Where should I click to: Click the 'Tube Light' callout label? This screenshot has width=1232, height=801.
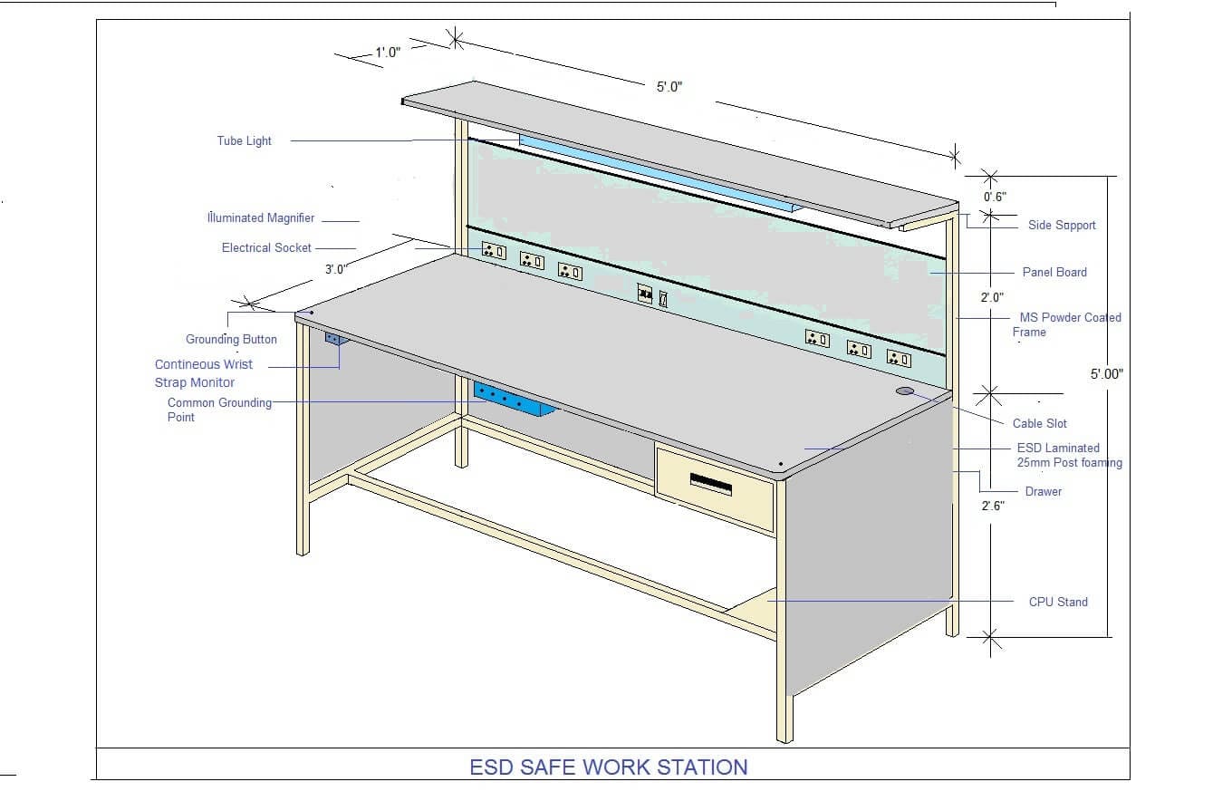[x=244, y=140]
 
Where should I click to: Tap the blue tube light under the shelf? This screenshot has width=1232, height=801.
[x=652, y=173]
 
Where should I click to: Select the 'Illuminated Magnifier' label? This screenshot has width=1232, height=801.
[x=261, y=217]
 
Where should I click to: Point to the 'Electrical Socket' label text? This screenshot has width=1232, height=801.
[x=266, y=247]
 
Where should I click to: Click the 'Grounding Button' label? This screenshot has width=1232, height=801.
[x=231, y=339]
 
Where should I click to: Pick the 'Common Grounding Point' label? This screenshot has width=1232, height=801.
[x=219, y=410]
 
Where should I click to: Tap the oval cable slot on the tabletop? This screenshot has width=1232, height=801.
[x=905, y=391]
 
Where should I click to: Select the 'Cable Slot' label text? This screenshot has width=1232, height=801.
[x=1039, y=423]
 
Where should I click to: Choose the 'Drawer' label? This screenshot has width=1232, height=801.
[x=1043, y=491]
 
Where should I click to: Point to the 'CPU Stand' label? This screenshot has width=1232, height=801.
[x=1058, y=602]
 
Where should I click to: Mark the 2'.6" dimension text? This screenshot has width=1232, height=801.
[x=993, y=507]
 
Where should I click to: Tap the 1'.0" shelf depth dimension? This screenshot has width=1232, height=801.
[x=388, y=53]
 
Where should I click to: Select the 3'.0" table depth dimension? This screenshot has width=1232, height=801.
[x=335, y=269]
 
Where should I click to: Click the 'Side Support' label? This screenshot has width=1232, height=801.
[x=1062, y=225]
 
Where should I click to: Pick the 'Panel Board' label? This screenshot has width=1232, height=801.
[x=1054, y=272]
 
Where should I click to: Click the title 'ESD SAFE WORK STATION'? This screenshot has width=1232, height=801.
[x=609, y=767]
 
